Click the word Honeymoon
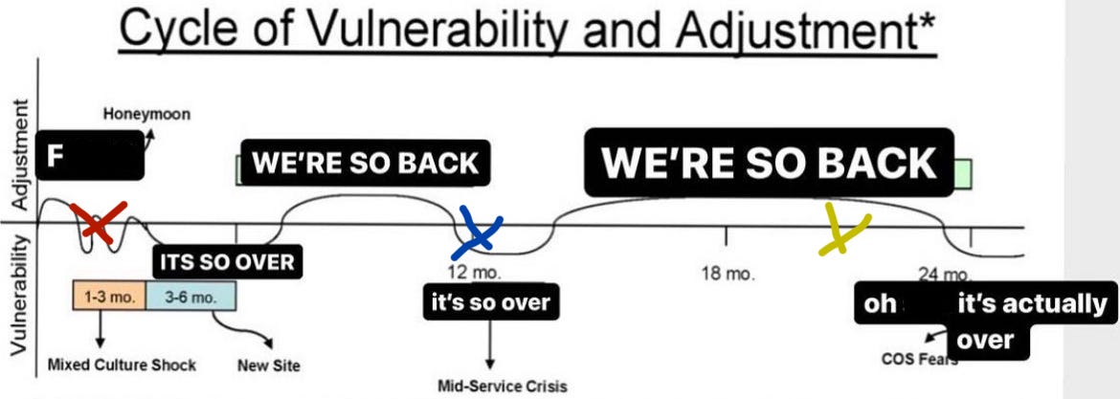146,115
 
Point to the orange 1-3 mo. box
108,297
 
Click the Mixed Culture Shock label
122,366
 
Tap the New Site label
269,366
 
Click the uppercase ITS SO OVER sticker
228,260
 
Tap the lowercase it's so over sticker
489,302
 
